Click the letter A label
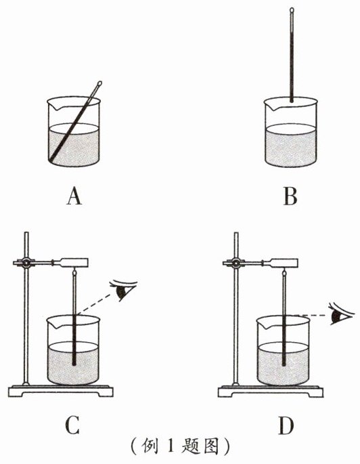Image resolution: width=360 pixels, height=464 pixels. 74,197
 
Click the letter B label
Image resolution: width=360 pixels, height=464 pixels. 290,196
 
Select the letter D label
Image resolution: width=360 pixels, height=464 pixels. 286,426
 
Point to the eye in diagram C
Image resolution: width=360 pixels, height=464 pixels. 122,290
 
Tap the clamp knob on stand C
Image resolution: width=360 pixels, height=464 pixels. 26,262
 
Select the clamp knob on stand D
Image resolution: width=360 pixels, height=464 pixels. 236,262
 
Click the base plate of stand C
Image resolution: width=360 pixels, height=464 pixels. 61,391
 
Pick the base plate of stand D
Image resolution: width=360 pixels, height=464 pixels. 271,392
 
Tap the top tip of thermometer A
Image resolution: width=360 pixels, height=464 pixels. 99,83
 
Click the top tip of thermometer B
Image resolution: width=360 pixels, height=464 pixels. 292,9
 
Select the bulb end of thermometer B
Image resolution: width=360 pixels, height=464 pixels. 292,100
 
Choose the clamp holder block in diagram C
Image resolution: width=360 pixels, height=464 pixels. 74,262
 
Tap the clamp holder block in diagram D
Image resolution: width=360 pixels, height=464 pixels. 284,263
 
